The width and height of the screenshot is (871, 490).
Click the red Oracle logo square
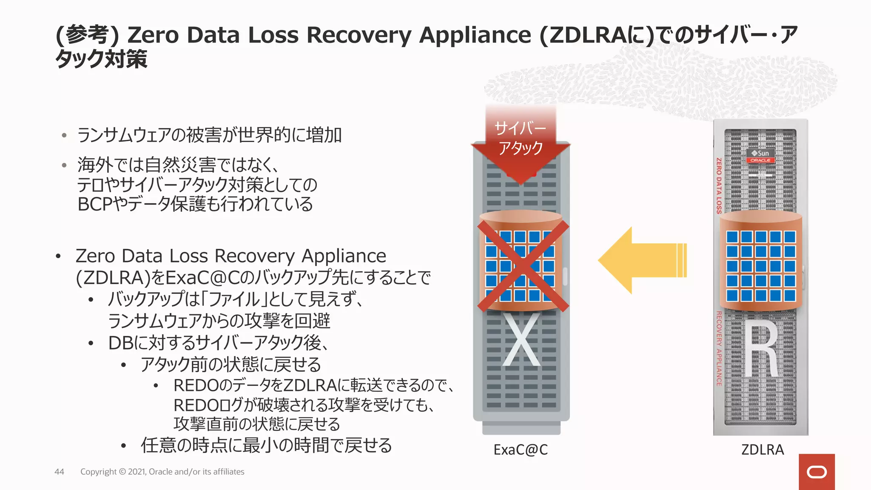click(817, 472)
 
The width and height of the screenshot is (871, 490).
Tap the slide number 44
click(59, 472)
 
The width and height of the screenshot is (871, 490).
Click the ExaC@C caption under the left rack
click(521, 450)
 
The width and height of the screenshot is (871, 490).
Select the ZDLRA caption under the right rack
click(762, 450)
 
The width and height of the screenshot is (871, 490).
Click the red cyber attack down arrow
click(521, 145)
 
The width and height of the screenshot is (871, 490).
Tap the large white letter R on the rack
click(761, 349)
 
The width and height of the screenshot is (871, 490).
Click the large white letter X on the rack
click(521, 340)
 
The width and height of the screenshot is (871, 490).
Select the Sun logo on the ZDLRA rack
click(760, 153)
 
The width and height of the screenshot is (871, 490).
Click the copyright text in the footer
click(162, 472)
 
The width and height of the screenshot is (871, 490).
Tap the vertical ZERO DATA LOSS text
click(719, 185)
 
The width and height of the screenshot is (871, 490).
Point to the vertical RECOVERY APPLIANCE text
click(719, 349)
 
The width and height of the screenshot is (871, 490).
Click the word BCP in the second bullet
click(95, 205)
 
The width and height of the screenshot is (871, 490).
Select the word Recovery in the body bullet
click(254, 256)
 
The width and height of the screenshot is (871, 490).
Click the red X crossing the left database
click(523, 266)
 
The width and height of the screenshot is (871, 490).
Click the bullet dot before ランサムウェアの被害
click(64, 136)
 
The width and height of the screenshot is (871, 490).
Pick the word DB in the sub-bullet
click(121, 343)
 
